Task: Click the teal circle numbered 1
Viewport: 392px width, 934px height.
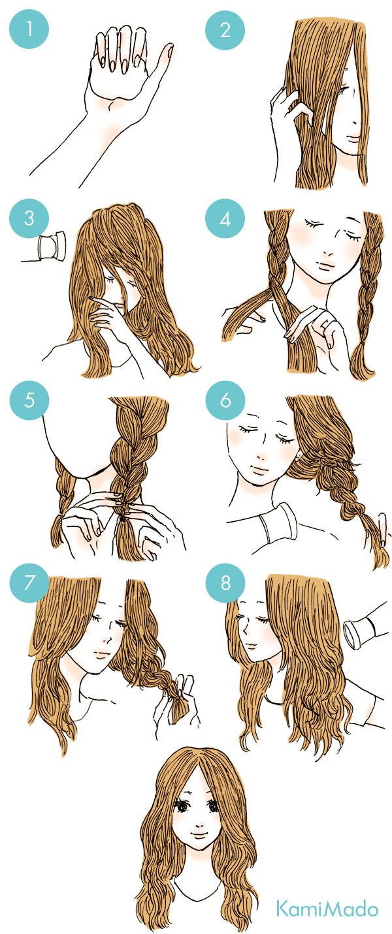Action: [x=29, y=29]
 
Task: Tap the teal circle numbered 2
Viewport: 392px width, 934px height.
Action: [x=225, y=30]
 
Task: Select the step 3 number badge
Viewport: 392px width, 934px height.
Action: [x=29, y=218]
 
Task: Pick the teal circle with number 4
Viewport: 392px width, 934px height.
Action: [x=225, y=218]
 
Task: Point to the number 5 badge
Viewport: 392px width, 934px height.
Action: [x=29, y=400]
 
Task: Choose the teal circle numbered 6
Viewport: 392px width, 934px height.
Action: [x=225, y=400]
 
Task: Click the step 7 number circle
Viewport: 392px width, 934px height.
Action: [x=29, y=582]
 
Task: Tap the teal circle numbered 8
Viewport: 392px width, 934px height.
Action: [x=225, y=582]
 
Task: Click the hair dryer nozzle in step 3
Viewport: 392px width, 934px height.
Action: [x=52, y=247]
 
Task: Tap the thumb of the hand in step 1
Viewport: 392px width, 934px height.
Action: [x=161, y=63]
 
